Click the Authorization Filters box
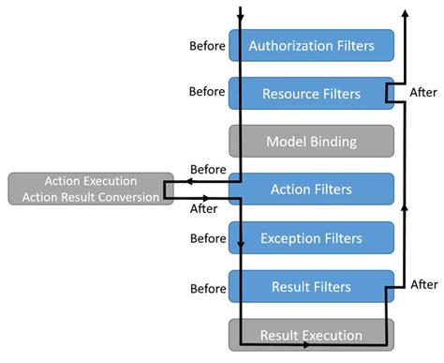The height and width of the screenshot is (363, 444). coord(311,44)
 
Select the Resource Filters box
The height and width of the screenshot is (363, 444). coord(311,93)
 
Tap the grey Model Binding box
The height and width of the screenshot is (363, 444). coord(311,142)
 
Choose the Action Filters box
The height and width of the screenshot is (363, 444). coord(311,189)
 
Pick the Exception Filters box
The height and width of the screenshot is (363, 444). coord(311,238)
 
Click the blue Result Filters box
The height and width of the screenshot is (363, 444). coord(311,286)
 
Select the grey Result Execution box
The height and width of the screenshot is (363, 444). coord(311,335)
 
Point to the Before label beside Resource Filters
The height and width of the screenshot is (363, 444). coord(206,92)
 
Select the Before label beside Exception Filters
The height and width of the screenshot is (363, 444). coord(206,238)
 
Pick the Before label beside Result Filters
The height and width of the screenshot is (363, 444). coord(206,286)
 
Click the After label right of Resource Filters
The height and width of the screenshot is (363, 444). coord(423,93)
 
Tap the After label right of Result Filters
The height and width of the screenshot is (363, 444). coord(423,284)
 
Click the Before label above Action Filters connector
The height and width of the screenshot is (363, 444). coord(206,170)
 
